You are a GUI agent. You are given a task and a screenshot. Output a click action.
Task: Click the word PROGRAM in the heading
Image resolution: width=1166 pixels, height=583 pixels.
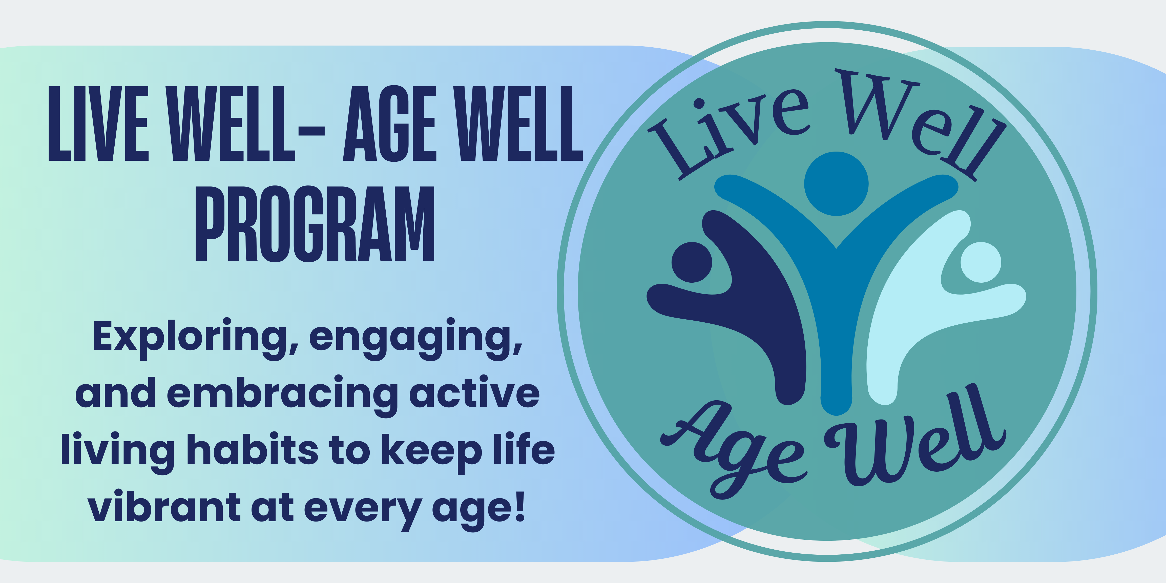[315, 224]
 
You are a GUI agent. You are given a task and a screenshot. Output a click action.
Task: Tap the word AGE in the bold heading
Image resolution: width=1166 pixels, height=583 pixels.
[389, 123]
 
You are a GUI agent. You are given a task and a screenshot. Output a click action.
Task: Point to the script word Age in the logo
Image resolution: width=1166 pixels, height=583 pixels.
[733, 453]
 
